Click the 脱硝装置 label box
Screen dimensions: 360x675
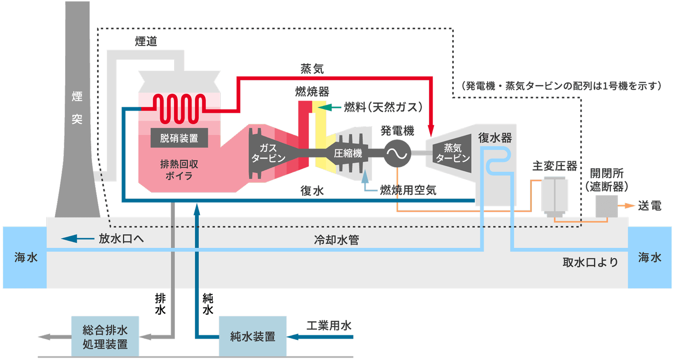(x=179, y=138)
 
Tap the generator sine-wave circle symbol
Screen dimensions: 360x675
(x=397, y=153)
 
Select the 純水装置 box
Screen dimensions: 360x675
(x=253, y=336)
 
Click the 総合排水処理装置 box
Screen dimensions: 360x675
(x=105, y=336)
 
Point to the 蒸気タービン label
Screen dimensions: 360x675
(x=452, y=153)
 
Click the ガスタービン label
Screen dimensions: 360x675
(x=268, y=153)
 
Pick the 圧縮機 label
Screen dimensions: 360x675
(x=348, y=153)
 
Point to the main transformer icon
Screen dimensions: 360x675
(x=554, y=196)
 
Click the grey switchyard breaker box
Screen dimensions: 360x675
(x=607, y=206)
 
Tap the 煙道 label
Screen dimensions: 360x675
(x=146, y=41)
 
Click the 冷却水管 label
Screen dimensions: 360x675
(x=336, y=240)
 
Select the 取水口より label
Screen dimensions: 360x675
(x=590, y=262)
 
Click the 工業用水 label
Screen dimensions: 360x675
(x=329, y=326)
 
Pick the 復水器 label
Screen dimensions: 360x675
(x=495, y=138)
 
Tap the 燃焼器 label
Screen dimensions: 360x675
(x=312, y=92)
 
